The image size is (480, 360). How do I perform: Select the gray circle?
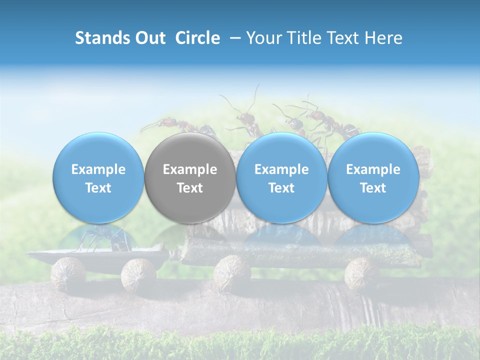click(190, 178)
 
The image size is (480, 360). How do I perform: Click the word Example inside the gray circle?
click(190, 169)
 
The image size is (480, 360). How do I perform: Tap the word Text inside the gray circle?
click(190, 188)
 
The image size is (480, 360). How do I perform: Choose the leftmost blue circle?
click(98, 178)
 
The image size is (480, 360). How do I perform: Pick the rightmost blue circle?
click(373, 178)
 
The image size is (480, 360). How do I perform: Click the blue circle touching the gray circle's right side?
click(281, 178)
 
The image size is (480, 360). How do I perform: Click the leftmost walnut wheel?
click(68, 274)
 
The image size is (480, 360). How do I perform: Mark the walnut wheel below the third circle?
click(232, 273)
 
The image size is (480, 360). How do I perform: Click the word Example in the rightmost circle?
click(373, 169)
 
